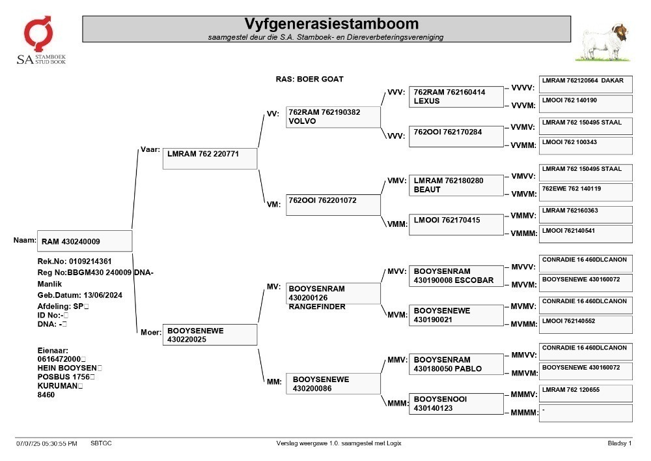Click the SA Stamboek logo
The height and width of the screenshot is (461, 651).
[40, 40]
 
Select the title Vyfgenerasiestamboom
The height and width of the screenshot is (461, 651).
[331, 23]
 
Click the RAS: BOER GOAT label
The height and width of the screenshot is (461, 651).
[309, 79]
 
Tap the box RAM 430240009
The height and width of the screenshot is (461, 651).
[85, 241]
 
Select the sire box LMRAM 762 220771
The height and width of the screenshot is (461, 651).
[210, 158]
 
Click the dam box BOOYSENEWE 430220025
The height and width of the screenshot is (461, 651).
[210, 335]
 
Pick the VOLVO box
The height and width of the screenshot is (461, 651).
[333, 117]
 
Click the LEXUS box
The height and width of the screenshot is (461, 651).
[456, 97]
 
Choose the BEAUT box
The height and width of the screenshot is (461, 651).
[456, 185]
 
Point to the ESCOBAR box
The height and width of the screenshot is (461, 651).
[456, 276]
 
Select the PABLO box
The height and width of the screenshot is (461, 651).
[456, 364]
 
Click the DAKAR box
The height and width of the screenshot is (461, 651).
[586, 84]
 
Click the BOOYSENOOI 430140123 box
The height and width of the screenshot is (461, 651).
[456, 404]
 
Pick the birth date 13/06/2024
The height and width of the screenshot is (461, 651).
[103, 295]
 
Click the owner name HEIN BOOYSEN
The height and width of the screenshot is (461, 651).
[67, 368]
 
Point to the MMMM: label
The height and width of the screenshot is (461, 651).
[524, 412]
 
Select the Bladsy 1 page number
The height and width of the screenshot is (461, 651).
[620, 443]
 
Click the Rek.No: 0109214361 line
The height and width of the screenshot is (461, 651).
[74, 261]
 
